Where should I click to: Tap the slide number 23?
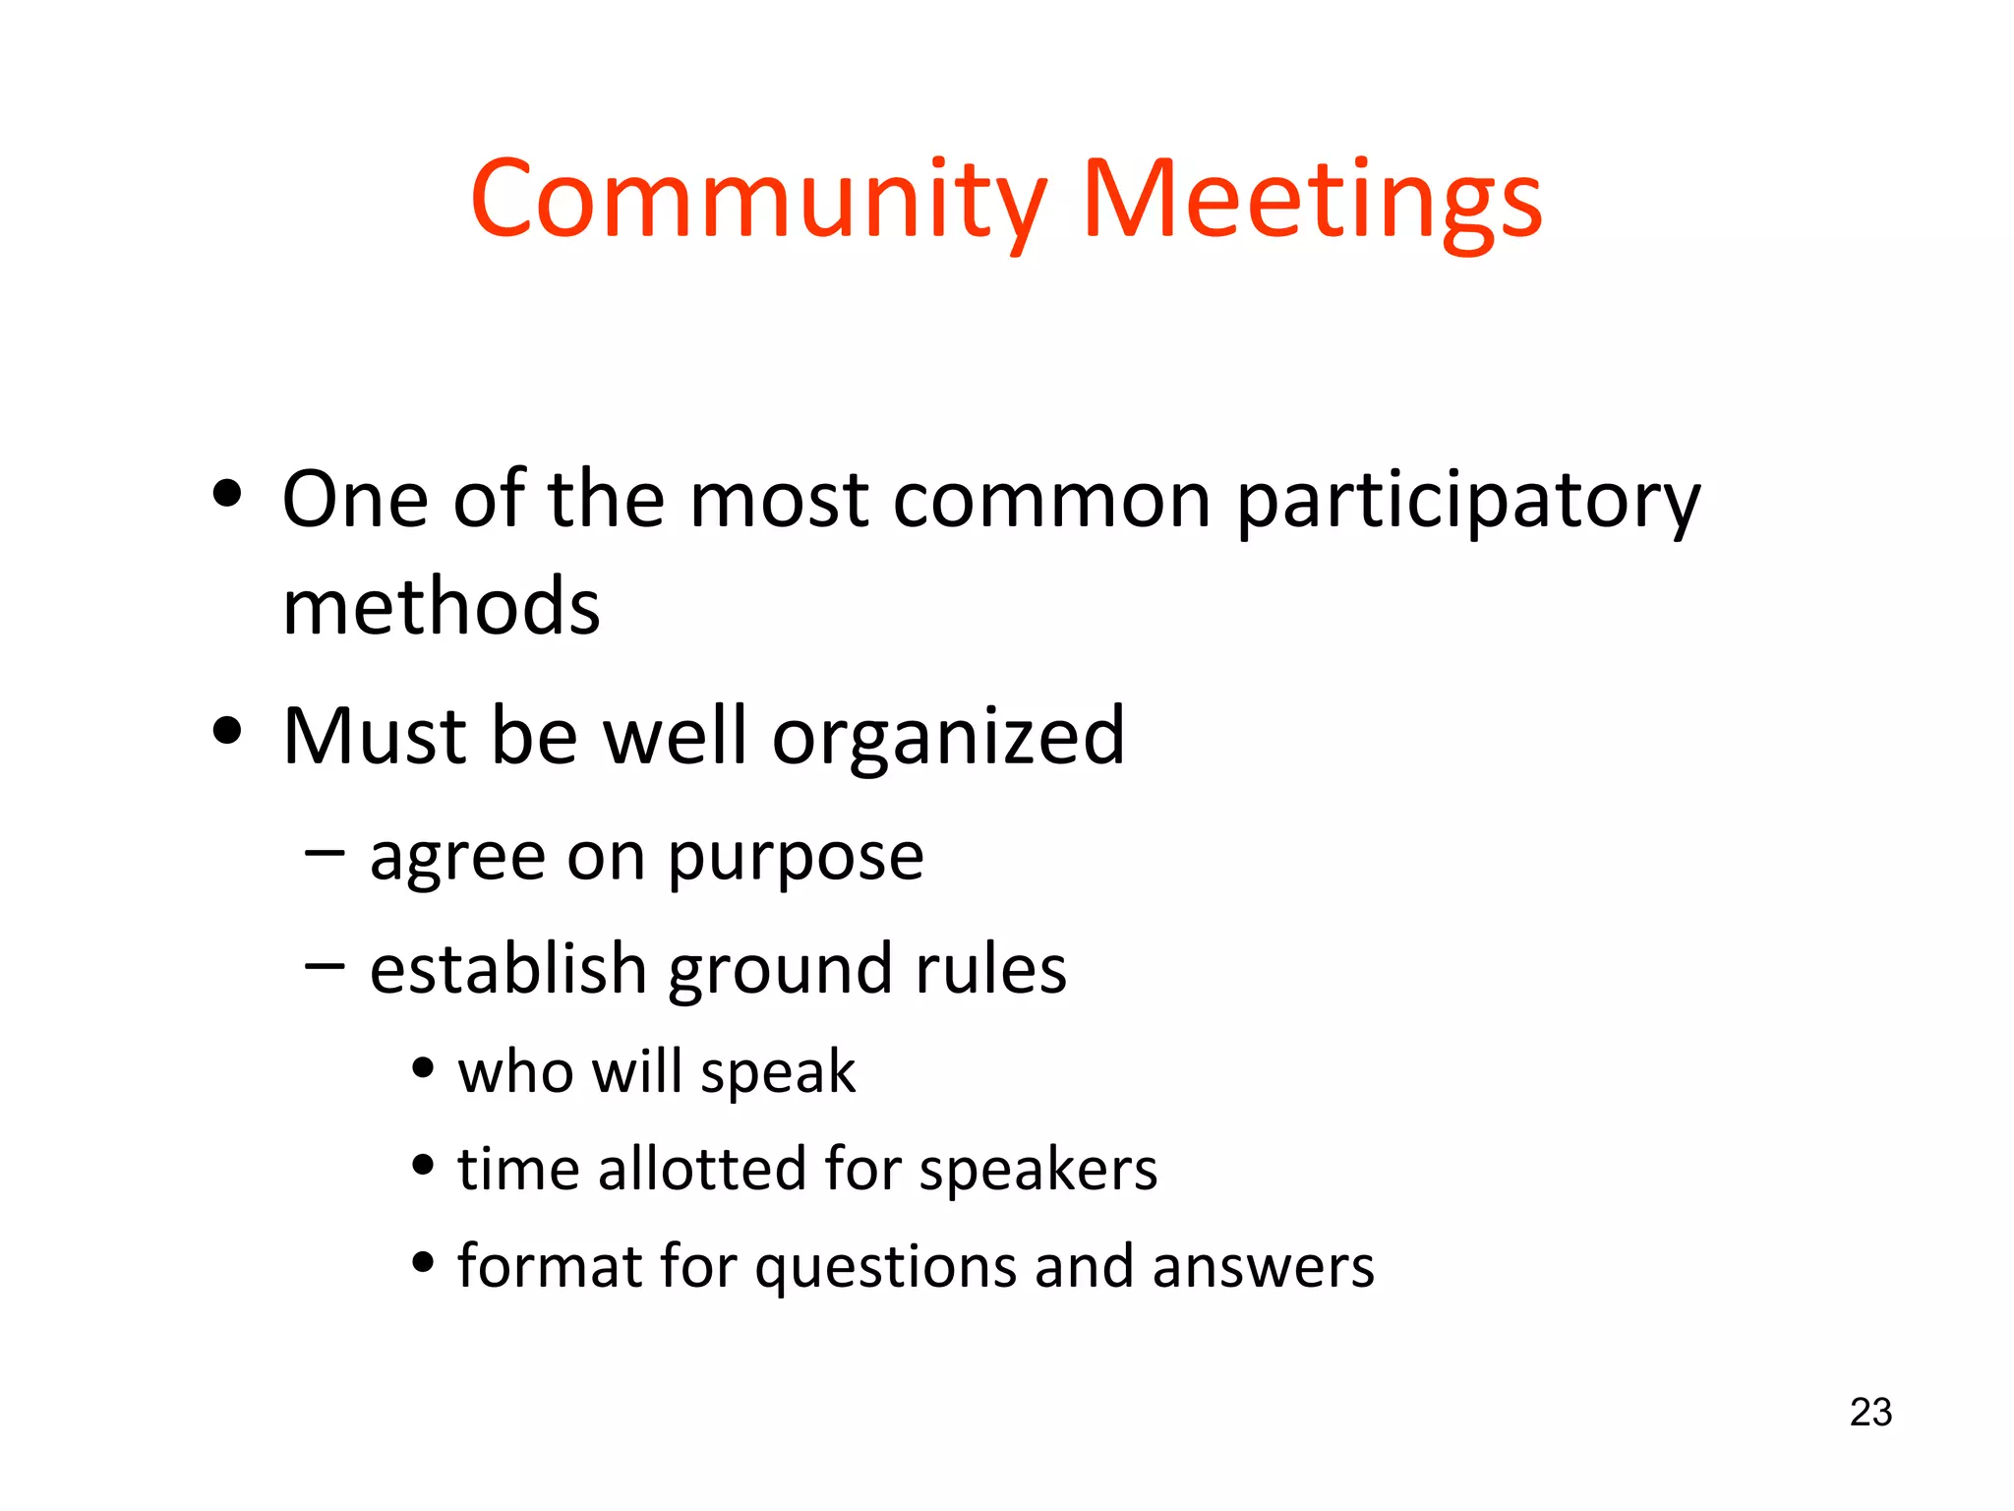[1870, 1413]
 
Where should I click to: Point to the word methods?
[441, 606]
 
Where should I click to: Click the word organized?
[948, 738]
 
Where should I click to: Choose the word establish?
[507, 968]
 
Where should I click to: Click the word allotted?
[702, 1169]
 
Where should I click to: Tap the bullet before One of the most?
[227, 494]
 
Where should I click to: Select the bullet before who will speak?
[423, 1067]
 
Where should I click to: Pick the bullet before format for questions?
[423, 1261]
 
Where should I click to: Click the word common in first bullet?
[1051, 500]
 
